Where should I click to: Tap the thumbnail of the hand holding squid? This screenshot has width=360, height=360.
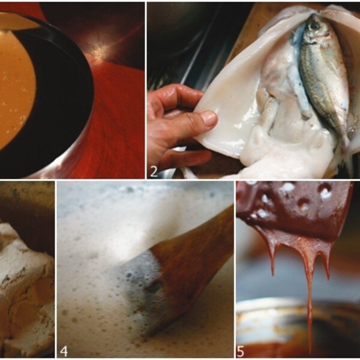click(x=209, y=118)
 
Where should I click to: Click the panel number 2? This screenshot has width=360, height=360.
click(x=154, y=172)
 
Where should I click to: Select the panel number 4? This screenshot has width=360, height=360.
click(x=64, y=351)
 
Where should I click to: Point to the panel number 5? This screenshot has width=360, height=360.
click(x=241, y=352)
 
